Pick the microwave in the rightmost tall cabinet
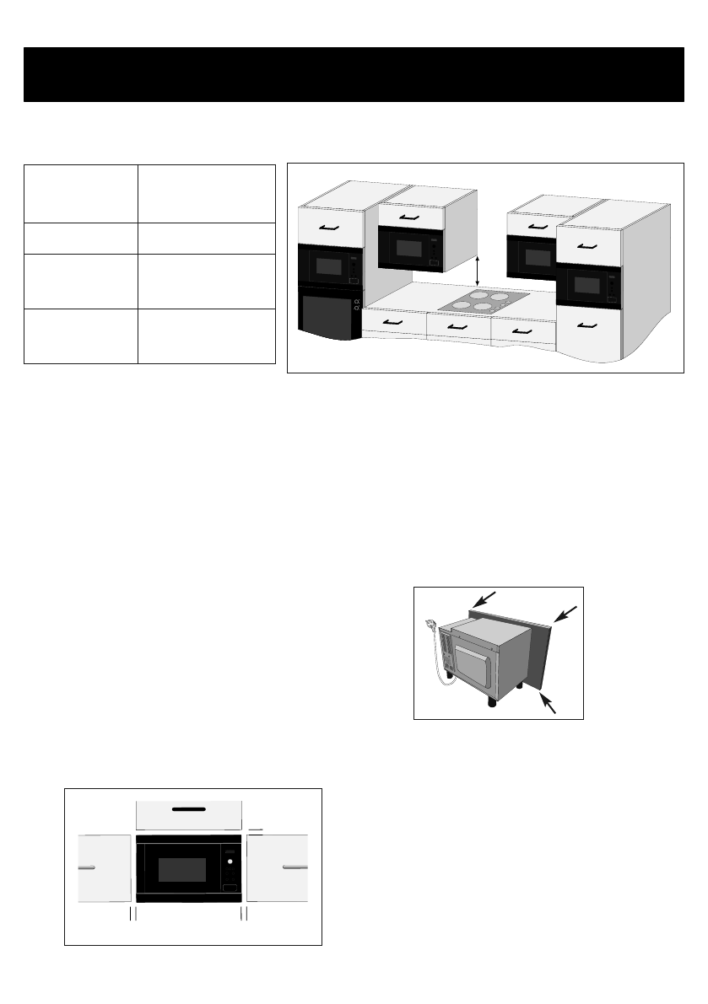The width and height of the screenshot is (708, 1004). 589,287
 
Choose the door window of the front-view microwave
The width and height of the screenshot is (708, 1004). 176,870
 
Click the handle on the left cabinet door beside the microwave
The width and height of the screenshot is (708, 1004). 84,866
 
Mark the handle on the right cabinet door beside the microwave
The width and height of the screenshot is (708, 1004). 295,866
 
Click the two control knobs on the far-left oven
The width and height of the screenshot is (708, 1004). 358,305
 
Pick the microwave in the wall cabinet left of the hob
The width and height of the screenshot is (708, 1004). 412,249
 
